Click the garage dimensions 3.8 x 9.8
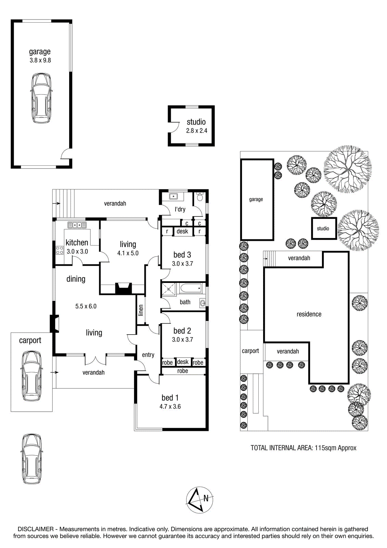pos(40,60)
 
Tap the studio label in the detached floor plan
pos(196,122)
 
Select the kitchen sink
pos(77,225)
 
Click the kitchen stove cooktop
pos(60,250)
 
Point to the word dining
pos(76,279)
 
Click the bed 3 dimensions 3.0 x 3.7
pos(182,264)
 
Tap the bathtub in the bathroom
pos(191,288)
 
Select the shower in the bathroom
pos(168,289)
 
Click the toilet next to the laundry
pos(200,197)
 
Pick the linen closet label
pos(141,310)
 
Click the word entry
pos(148,355)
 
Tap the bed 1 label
pos(170,398)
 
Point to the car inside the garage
pos(41,98)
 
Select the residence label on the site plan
pos(309,314)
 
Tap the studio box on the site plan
pos(324,228)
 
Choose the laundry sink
pos(173,196)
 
